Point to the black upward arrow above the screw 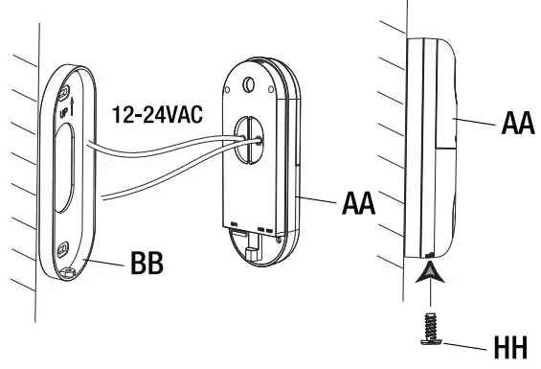pos(428,281)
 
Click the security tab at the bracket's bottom pos(68,271)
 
